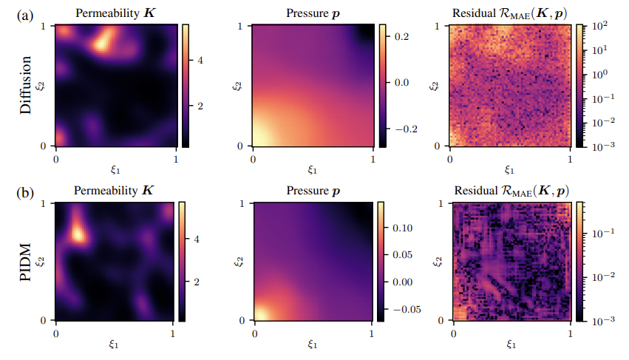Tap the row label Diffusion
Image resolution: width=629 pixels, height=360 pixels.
pos(27,86)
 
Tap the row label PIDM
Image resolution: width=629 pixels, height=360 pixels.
pos(27,262)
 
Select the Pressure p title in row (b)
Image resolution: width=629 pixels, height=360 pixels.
pos(313,190)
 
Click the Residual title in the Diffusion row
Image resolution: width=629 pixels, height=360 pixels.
pos(510,13)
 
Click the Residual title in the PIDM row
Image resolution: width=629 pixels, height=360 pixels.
pos(510,190)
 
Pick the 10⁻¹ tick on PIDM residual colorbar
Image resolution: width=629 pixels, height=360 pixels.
pos(599,232)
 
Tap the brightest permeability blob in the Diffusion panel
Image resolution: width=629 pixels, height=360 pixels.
pos(100,43)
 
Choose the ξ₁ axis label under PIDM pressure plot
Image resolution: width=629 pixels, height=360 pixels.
pos(313,344)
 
